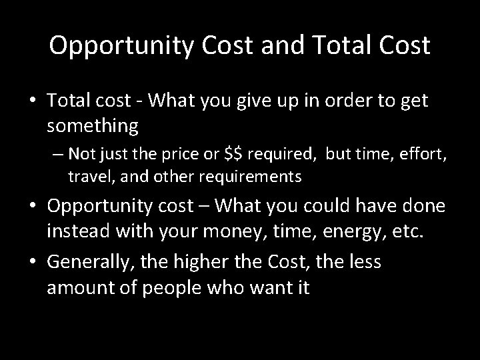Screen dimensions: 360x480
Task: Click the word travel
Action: pos(87,177)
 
